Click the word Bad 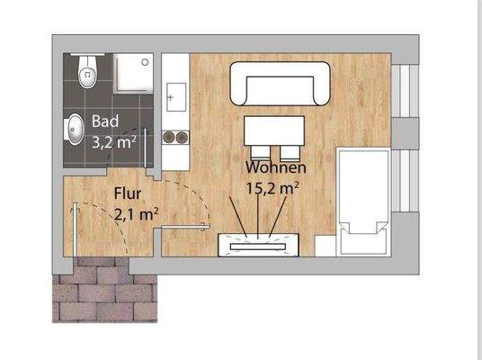104,122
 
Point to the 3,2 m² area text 113,140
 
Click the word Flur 125,193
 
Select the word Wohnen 277,167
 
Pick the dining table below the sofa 275,129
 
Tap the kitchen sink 174,94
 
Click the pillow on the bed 363,236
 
